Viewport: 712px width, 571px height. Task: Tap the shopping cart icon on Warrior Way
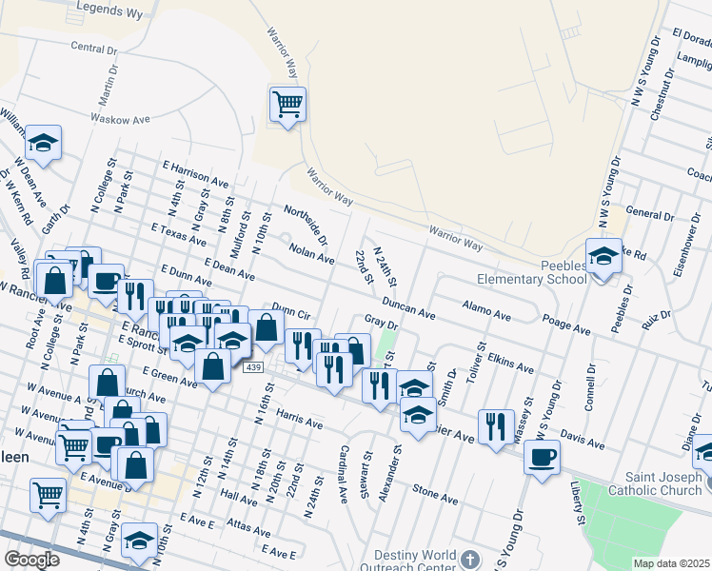click(287, 102)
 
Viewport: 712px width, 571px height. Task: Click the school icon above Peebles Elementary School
click(603, 256)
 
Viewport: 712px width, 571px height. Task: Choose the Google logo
click(31, 560)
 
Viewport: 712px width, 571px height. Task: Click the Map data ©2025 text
click(670, 563)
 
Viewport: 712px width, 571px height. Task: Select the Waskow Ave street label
click(121, 120)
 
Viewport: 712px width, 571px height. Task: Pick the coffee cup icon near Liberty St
click(543, 456)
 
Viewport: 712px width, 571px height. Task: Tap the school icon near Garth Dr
click(43, 143)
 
